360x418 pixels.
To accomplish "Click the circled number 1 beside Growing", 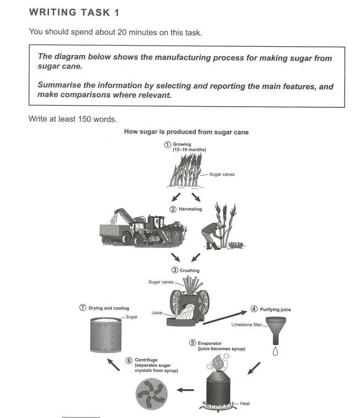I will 168,144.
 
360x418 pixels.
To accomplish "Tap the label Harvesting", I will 190,209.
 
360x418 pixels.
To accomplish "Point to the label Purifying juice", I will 275,310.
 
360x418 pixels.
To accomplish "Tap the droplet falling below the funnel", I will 275,350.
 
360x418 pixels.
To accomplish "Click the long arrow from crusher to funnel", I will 227,318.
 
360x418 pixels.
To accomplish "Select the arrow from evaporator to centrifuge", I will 186,391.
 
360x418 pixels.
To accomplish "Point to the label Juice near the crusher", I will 157,312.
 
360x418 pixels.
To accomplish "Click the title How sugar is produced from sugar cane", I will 187,131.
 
